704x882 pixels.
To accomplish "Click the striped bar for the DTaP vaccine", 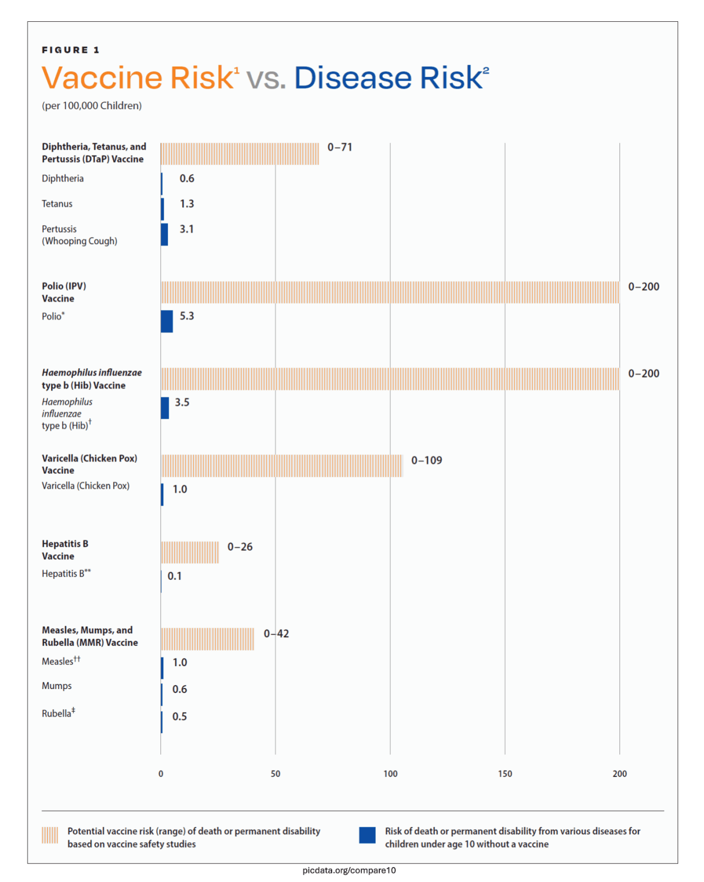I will coord(240,154).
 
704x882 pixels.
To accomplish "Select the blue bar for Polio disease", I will coord(167,322).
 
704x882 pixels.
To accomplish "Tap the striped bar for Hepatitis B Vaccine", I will coord(190,552).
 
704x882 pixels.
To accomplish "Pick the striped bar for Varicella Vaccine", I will coord(282,466).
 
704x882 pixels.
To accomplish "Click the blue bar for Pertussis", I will coord(164,234).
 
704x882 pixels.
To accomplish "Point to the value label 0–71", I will coord(340,147).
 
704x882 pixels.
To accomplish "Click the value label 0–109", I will coord(426,461).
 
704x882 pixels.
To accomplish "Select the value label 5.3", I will coord(187,316).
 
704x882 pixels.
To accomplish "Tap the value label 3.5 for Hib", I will coord(182,402).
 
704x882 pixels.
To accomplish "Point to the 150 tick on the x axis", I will coord(505,773).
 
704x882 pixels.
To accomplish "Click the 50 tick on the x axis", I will coord(275,773).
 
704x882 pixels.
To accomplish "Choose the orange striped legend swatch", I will coord(50,835).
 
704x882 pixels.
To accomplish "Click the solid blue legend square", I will coord(367,835).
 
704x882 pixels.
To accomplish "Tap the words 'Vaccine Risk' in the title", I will coord(138,78).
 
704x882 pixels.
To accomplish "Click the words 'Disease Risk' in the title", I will coord(389,78).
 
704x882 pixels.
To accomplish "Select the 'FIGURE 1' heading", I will coord(70,50).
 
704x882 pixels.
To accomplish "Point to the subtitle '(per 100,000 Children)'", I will coord(91,106).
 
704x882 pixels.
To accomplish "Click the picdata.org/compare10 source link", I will coord(349,871).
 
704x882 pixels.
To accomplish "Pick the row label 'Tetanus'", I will coord(57,204).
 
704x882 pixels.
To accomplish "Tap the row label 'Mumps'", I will coord(56,686).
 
